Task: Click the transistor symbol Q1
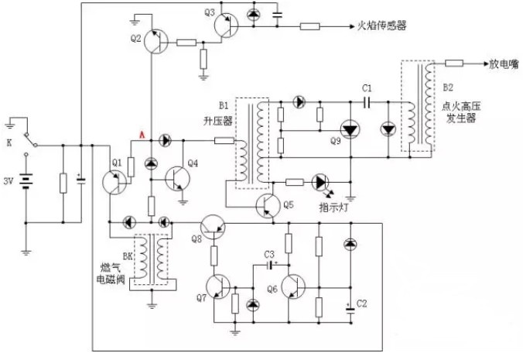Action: point(114,183)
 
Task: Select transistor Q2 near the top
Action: point(156,41)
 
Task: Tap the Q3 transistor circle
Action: point(226,26)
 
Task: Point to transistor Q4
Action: point(178,179)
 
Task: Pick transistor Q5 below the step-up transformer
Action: point(268,206)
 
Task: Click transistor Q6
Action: point(293,287)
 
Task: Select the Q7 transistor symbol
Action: point(218,287)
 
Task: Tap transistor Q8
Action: point(213,227)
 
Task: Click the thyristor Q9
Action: point(350,130)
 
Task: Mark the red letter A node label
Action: point(142,135)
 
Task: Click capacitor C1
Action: point(367,102)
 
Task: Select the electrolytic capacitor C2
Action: point(350,310)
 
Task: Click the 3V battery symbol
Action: point(26,181)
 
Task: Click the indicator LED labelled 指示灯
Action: point(320,182)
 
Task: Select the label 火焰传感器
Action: point(382,26)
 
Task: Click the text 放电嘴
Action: point(504,64)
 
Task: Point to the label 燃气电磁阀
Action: point(111,273)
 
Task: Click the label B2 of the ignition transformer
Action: point(448,87)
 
